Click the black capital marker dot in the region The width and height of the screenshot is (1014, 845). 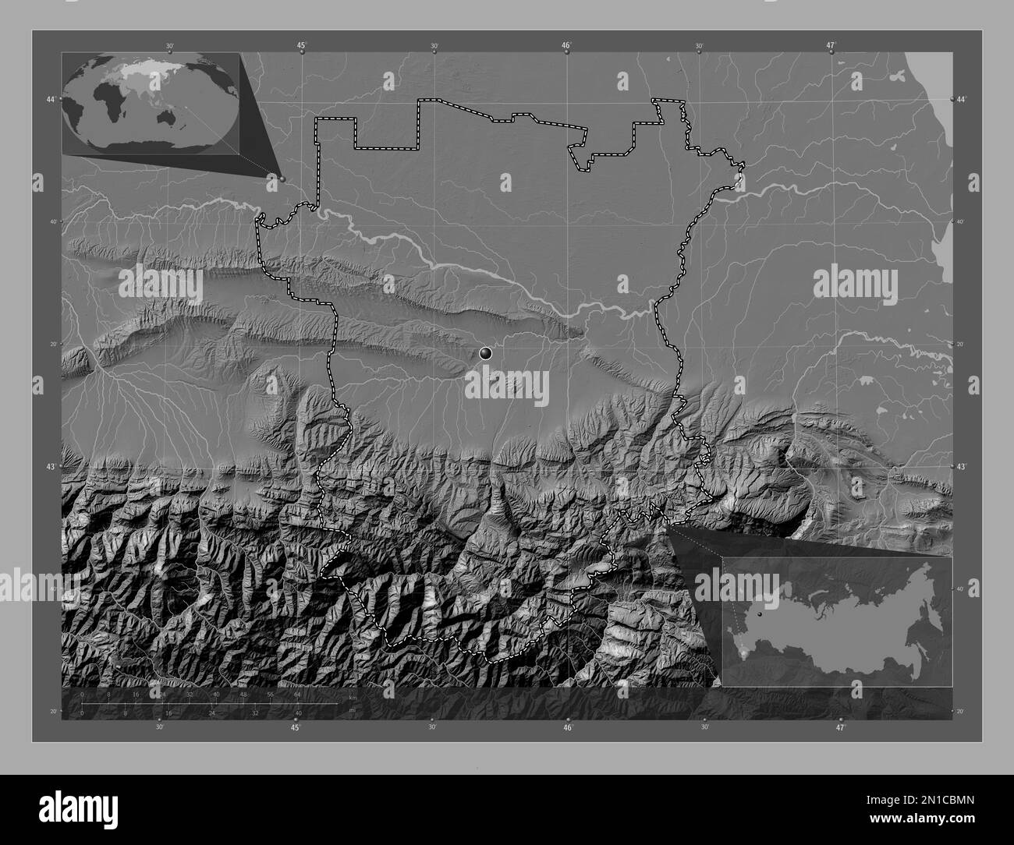pyautogui.click(x=487, y=353)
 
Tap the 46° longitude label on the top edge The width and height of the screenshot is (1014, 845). pyautogui.click(x=567, y=45)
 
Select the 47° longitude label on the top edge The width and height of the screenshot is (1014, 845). pyautogui.click(x=832, y=45)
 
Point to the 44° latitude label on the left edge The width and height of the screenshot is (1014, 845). pyautogui.click(x=51, y=100)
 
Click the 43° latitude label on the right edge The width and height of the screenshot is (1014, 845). pyautogui.click(x=961, y=466)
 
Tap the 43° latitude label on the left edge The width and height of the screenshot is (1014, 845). pyautogui.click(x=51, y=466)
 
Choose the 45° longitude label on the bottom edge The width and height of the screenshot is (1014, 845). pyautogui.click(x=295, y=727)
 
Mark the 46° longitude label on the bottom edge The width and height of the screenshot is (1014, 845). pyautogui.click(x=568, y=727)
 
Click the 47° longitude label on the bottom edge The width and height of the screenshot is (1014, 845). pyautogui.click(x=840, y=727)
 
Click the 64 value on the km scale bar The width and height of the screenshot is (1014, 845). pyautogui.click(x=297, y=694)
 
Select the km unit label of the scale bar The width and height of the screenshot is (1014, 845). pyautogui.click(x=353, y=696)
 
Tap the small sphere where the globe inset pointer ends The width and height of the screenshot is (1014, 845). pyautogui.click(x=282, y=179)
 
